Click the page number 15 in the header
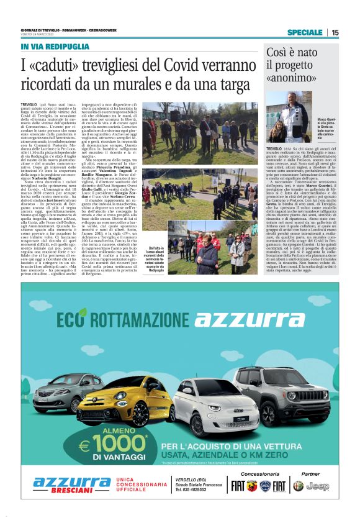[335, 33]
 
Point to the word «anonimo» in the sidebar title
[289, 80]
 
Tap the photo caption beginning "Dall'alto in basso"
[162, 251]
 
